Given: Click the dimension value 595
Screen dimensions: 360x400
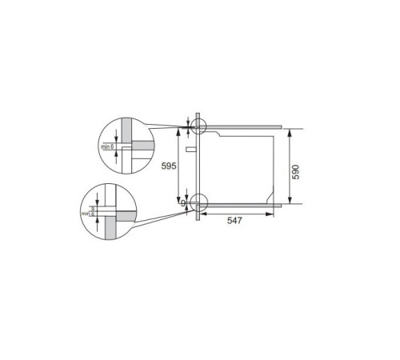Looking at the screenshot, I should (x=167, y=166).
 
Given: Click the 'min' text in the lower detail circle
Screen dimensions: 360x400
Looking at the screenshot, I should (x=85, y=214).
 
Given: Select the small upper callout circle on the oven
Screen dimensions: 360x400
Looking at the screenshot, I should (x=196, y=126).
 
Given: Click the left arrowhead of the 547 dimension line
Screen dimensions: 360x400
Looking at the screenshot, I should (x=200, y=213).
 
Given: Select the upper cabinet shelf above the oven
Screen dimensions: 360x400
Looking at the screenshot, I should (x=240, y=126).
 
